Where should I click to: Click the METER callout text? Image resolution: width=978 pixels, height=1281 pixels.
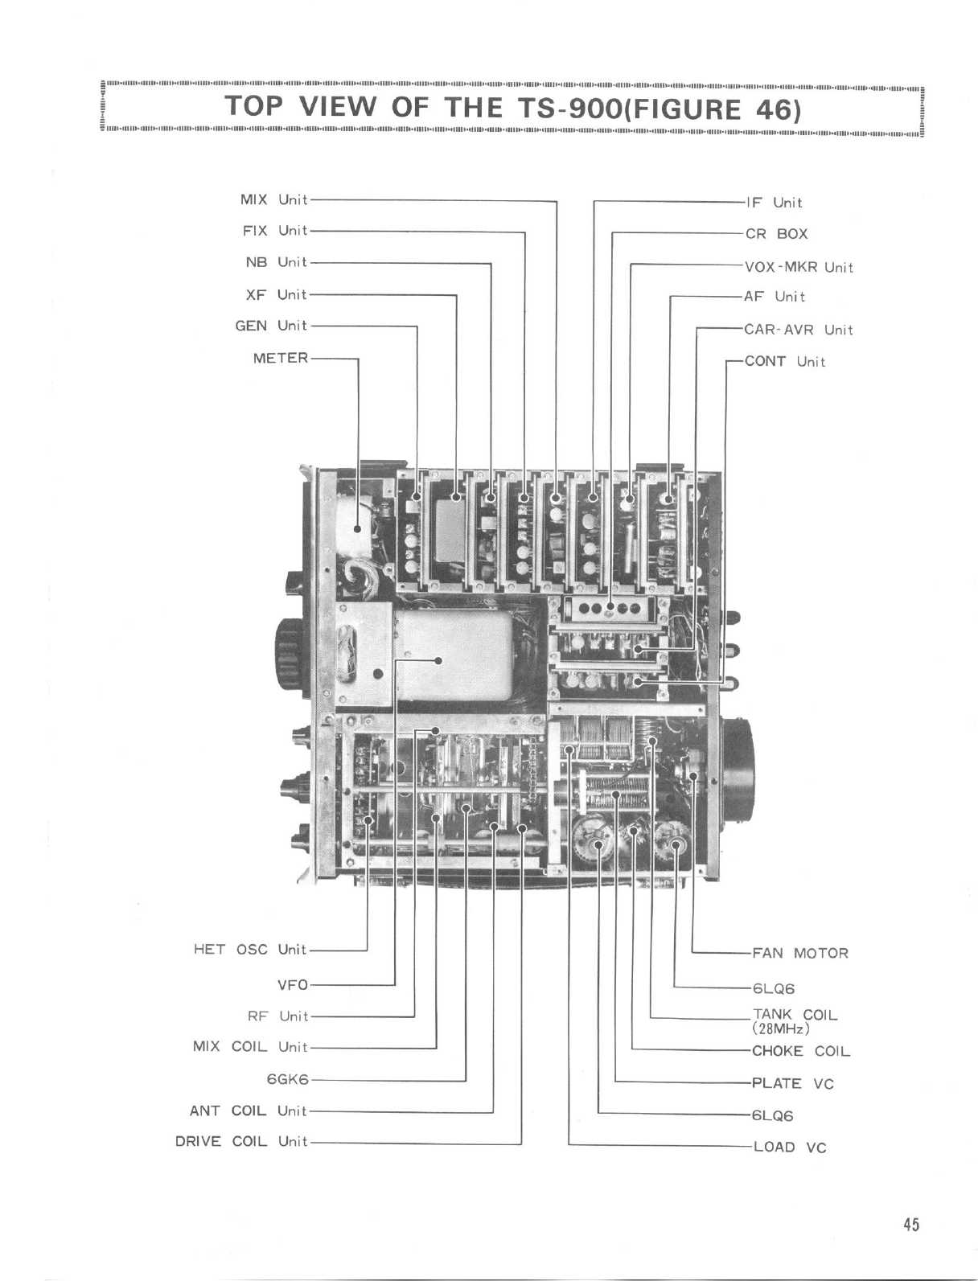[x=280, y=358]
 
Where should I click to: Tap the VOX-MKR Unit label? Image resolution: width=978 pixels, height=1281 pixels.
[x=799, y=267]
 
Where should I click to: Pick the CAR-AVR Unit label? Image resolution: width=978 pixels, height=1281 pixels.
[x=798, y=330]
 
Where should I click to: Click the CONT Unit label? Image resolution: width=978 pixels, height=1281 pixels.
[x=785, y=361]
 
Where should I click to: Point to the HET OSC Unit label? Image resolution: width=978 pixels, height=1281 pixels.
[x=250, y=949]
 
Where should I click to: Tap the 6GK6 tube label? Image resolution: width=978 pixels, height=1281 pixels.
[x=287, y=1079]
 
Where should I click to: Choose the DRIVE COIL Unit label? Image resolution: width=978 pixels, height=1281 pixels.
[x=241, y=1142]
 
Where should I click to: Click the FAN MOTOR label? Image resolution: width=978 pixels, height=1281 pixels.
[x=799, y=954]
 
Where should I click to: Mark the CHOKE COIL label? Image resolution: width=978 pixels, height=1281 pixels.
[x=800, y=1051]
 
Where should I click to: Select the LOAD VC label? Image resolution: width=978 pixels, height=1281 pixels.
[x=789, y=1147]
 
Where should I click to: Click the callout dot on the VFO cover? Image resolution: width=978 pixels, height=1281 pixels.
[x=438, y=661]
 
